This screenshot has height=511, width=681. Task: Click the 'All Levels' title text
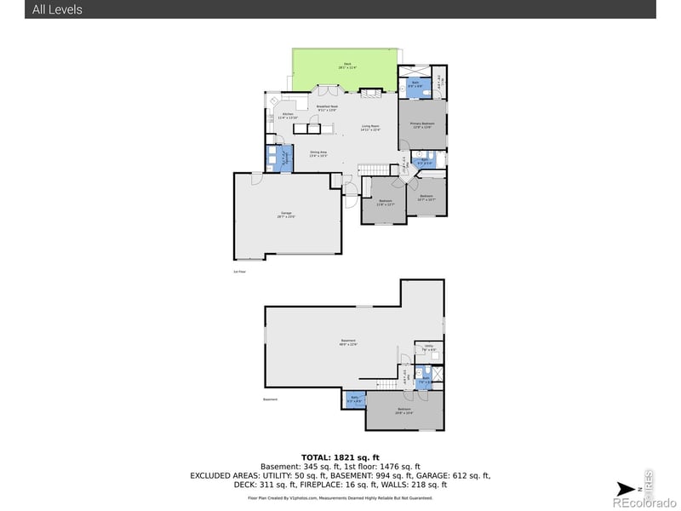[x=58, y=9]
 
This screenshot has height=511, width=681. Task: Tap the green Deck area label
[x=347, y=66]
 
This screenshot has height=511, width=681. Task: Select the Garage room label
[x=286, y=216]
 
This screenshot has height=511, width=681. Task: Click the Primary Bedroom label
[x=421, y=124]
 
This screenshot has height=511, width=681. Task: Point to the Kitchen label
[x=288, y=116]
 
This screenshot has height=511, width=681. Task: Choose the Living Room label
[x=369, y=128]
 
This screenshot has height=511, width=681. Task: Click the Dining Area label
[x=318, y=154]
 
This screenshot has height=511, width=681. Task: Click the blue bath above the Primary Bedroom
[x=415, y=83]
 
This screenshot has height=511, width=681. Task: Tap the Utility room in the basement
[x=429, y=348]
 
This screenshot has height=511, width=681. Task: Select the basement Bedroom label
[x=404, y=411]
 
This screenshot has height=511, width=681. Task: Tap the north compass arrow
[x=627, y=488]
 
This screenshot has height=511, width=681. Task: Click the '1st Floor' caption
[x=240, y=272]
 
